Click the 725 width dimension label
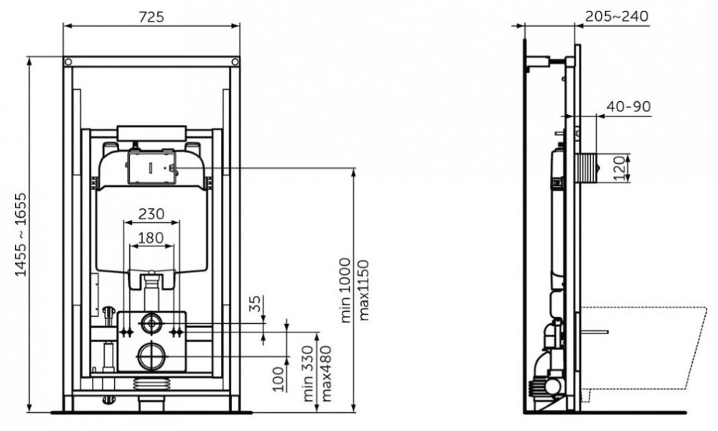coord(151,17)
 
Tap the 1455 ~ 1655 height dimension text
coord(21,234)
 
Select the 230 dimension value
coord(151,213)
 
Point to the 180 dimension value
coord(151,238)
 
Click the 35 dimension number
coord(256,304)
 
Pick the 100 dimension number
coord(279,379)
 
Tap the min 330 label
coord(308,374)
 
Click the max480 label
coord(325,374)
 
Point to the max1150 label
coord(363,290)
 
